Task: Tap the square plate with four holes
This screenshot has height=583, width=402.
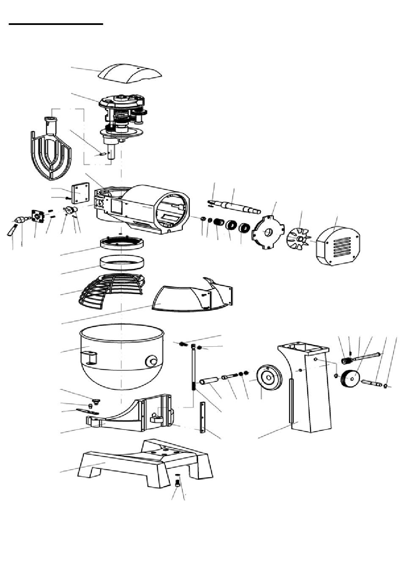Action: coord(81,193)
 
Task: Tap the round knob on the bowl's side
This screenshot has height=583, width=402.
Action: coord(151,361)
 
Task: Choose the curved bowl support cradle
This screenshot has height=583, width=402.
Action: coord(135,416)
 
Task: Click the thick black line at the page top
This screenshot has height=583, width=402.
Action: coord(56,25)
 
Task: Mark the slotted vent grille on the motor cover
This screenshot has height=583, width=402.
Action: coord(342,247)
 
